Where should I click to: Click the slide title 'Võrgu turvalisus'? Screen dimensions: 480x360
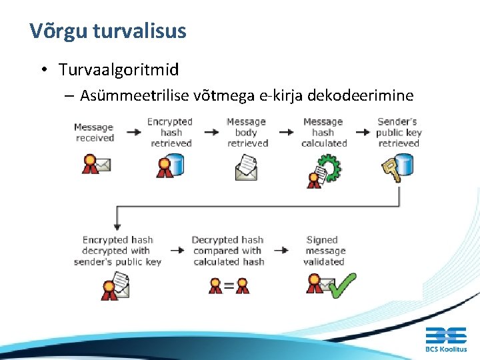[x=108, y=31]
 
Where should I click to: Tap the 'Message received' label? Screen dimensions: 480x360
[x=94, y=133]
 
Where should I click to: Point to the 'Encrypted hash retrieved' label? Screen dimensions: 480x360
[x=170, y=132]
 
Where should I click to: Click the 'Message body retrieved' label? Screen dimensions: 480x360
[x=246, y=132]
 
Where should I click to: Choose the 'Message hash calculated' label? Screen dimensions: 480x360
[x=323, y=132]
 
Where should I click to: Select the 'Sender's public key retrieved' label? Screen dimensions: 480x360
[x=399, y=132]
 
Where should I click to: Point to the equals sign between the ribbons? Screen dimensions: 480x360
[x=229, y=286]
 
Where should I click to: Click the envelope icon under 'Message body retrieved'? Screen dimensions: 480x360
[x=246, y=168]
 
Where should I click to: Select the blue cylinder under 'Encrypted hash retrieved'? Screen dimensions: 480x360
[x=175, y=164]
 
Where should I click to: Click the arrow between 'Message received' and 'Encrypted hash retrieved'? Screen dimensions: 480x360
[x=133, y=132]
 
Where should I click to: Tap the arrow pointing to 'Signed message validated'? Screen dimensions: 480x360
[x=281, y=251]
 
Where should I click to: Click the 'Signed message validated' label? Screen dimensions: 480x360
[x=325, y=251]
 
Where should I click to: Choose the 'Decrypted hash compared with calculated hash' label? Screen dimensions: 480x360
[x=227, y=251]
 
